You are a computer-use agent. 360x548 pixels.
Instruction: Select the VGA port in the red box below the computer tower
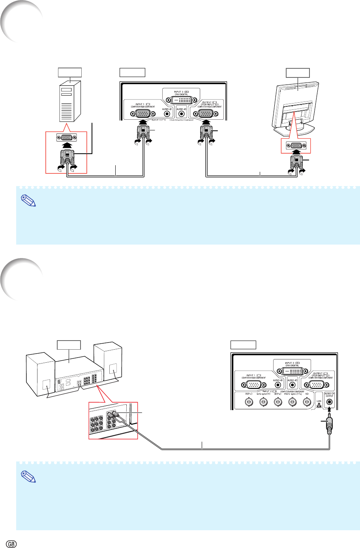tap(67, 137)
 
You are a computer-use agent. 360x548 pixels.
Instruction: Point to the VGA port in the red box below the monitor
tap(295, 145)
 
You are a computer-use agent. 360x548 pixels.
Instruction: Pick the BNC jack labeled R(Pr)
tap(249, 402)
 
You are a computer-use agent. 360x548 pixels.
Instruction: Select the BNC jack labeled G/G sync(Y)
tap(263, 402)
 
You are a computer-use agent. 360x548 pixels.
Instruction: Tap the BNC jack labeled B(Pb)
tap(277, 402)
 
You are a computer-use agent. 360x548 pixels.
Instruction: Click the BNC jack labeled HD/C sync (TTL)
tap(292, 402)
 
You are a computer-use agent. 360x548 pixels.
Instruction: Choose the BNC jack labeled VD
tap(306, 402)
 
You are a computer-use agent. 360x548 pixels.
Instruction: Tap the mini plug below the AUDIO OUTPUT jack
tap(329, 425)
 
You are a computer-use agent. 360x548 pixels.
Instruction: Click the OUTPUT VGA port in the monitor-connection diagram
tap(206, 113)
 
